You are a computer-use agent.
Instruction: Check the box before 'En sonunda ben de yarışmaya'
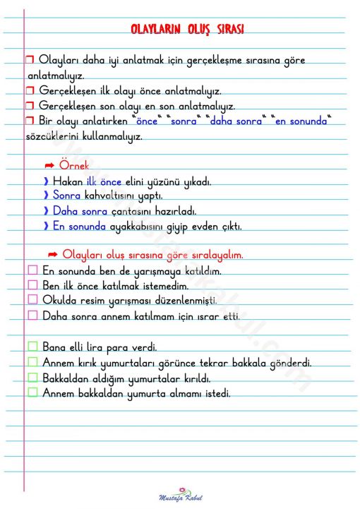point(32,270)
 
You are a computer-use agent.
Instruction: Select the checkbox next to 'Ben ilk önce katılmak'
point(32,285)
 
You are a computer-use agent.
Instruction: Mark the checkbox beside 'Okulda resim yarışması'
point(32,300)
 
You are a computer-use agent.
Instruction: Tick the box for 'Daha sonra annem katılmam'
point(32,316)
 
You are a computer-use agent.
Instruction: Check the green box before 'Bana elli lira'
point(32,347)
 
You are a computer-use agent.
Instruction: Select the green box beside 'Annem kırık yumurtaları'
point(32,362)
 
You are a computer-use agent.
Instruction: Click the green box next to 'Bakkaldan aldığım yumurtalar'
point(32,378)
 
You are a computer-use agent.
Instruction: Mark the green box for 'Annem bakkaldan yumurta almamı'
point(32,393)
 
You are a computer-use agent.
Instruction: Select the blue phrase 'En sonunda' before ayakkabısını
point(79,227)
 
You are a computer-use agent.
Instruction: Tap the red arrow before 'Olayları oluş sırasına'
point(52,254)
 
